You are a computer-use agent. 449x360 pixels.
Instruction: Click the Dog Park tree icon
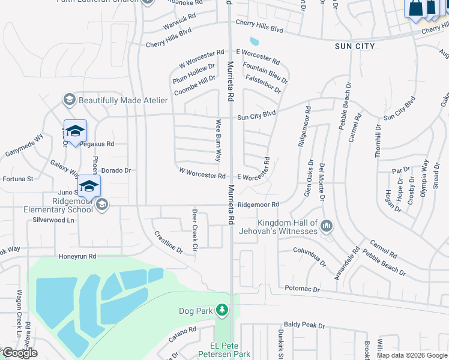click(x=223, y=310)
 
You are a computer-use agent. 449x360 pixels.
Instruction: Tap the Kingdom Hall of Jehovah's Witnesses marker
click(x=327, y=226)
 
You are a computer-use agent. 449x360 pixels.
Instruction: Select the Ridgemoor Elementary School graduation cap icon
click(x=101, y=205)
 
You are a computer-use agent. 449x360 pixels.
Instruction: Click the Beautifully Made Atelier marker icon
click(x=69, y=100)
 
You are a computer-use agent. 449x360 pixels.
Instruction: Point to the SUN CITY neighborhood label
click(x=355, y=46)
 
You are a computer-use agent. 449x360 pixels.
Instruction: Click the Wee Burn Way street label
click(x=218, y=140)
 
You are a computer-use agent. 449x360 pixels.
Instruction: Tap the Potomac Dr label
click(x=303, y=289)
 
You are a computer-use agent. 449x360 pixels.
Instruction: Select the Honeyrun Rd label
click(x=77, y=256)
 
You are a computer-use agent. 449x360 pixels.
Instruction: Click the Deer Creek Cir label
click(x=194, y=230)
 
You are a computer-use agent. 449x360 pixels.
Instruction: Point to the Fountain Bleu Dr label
click(x=265, y=71)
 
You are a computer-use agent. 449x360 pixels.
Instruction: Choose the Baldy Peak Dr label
click(x=304, y=325)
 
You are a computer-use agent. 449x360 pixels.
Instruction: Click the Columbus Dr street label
click(x=309, y=256)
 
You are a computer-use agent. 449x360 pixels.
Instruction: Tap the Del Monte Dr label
click(x=322, y=181)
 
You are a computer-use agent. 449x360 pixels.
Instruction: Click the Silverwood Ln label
click(x=54, y=220)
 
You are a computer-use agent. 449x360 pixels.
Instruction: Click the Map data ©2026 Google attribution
click(x=412, y=355)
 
